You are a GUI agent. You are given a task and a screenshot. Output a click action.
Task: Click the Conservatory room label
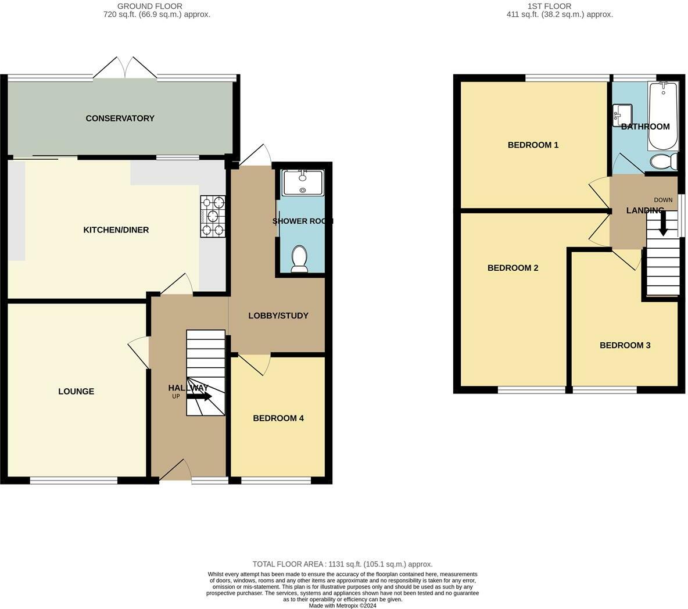(x=120, y=119)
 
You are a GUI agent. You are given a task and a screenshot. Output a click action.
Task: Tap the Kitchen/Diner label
(x=116, y=230)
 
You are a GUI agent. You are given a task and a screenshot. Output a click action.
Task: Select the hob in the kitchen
(x=213, y=216)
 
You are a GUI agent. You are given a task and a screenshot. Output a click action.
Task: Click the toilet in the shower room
(x=300, y=259)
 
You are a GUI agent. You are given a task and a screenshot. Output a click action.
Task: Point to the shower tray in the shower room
(x=303, y=182)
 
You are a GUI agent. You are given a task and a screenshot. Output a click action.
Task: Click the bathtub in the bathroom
(x=663, y=116)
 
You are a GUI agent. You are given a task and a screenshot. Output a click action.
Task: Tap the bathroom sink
(x=622, y=114)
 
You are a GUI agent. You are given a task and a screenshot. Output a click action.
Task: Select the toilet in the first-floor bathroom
(x=664, y=162)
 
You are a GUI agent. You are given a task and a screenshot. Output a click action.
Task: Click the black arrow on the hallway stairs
(x=200, y=397)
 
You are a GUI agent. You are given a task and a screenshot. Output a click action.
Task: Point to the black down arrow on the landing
(x=663, y=223)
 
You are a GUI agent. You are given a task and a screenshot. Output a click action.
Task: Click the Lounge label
(x=76, y=391)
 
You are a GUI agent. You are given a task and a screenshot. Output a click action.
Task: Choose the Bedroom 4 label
(x=278, y=418)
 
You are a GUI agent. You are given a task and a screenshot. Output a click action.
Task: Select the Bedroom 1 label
(x=533, y=145)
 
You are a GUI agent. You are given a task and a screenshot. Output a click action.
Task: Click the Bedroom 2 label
(x=513, y=268)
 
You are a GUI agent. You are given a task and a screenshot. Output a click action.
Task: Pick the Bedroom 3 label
(x=625, y=345)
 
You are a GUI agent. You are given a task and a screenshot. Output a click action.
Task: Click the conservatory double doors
(x=125, y=68)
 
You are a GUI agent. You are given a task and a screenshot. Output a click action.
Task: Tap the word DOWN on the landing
(x=663, y=200)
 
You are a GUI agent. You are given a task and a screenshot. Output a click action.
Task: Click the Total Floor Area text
(x=342, y=564)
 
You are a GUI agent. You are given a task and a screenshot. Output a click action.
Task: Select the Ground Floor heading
(x=149, y=6)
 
